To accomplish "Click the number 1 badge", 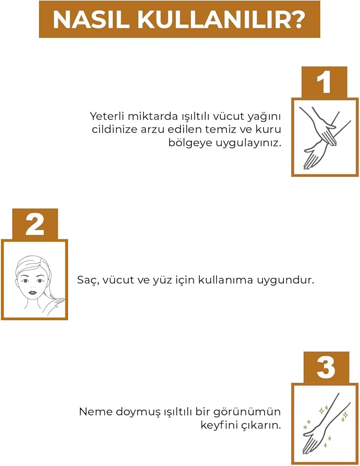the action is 324,82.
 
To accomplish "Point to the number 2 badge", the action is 35,224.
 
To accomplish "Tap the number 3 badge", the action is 326,367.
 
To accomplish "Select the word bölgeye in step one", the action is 190,143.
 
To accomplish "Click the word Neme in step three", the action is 96,412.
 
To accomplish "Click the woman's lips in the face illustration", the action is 32,292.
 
